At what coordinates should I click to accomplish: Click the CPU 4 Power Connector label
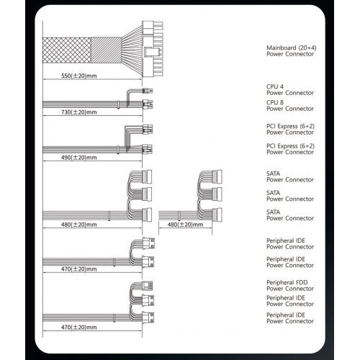tap(280, 89)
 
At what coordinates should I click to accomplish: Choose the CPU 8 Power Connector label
tap(280, 105)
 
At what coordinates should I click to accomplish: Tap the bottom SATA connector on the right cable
tap(217, 212)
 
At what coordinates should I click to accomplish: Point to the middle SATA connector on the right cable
tap(217, 194)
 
